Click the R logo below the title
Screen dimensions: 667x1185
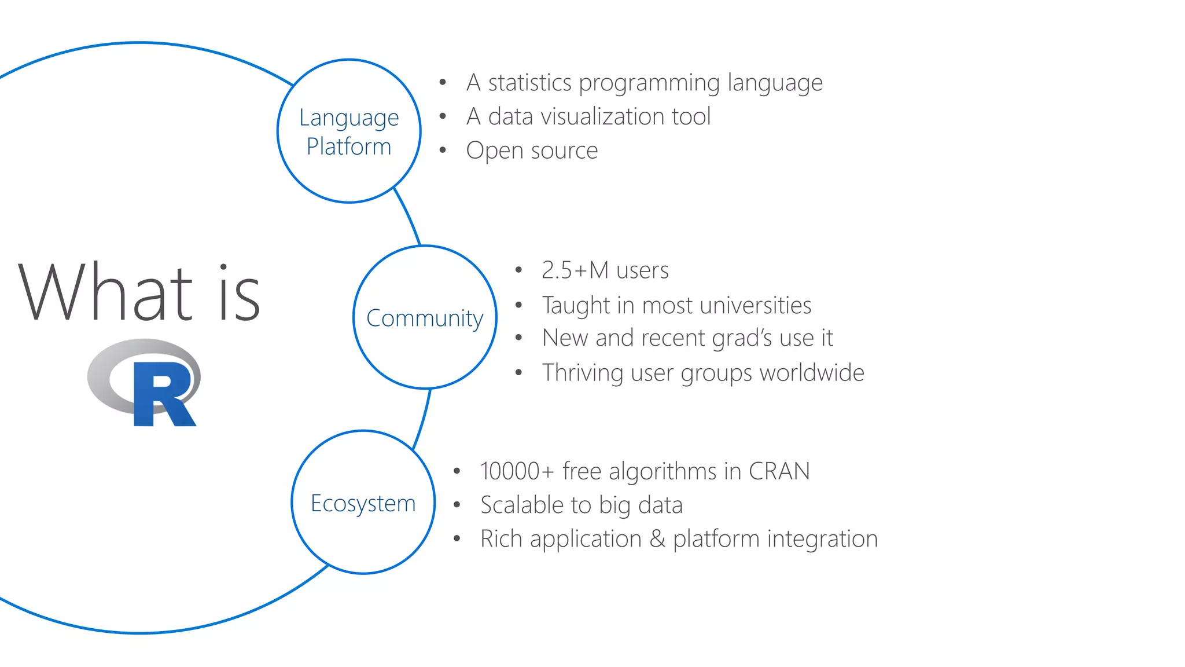click(145, 383)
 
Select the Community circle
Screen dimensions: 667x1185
click(425, 317)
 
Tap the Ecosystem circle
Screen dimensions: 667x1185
click(363, 503)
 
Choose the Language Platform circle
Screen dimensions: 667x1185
click(349, 131)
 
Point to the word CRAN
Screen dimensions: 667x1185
click(779, 471)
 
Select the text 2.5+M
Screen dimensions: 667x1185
click(575, 270)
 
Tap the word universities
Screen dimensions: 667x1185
click(755, 306)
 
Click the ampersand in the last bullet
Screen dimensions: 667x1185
click(657, 539)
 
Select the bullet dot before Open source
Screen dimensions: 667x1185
click(443, 151)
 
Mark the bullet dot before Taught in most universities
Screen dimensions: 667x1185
click(518, 305)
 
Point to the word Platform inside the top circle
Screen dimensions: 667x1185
click(349, 146)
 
